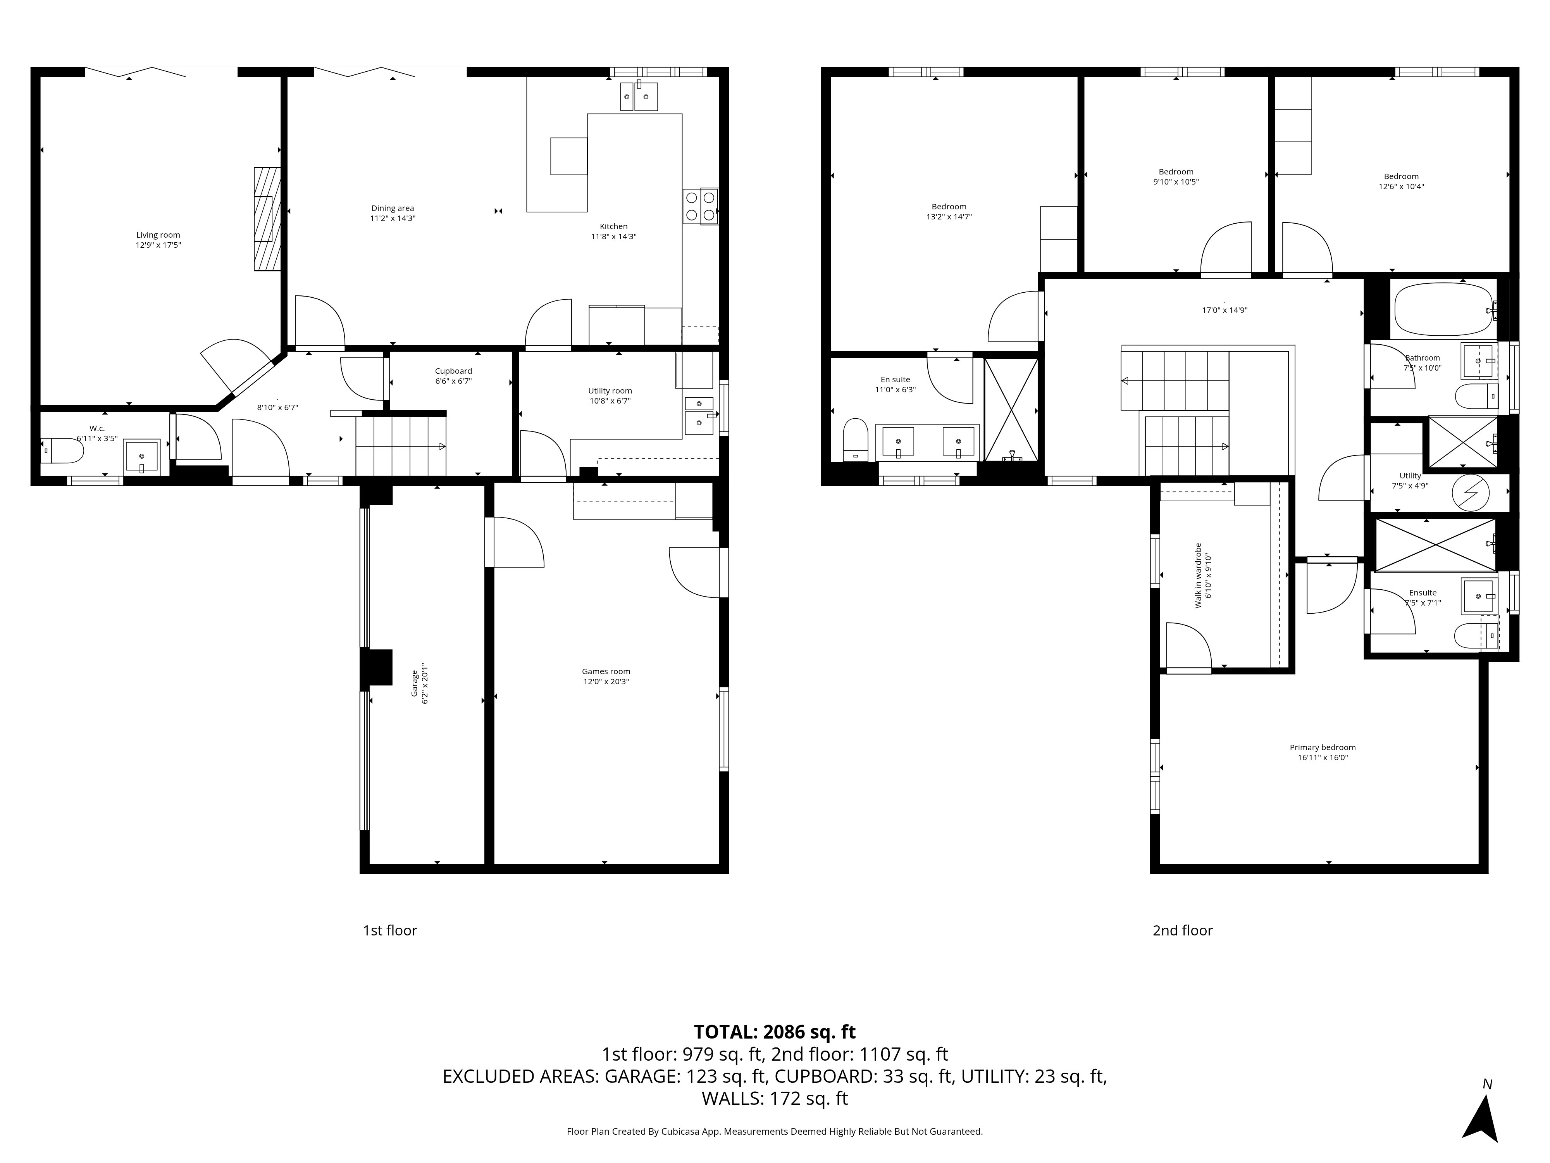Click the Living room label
pos(158,236)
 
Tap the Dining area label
pos(393,208)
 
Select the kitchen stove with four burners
pos(701,206)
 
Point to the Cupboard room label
pos(453,371)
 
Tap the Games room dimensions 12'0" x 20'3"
pos(606,682)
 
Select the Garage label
pos(414,683)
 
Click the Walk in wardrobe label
pos(1198,576)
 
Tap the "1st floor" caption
pos(389,930)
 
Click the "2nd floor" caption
pos(1183,930)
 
